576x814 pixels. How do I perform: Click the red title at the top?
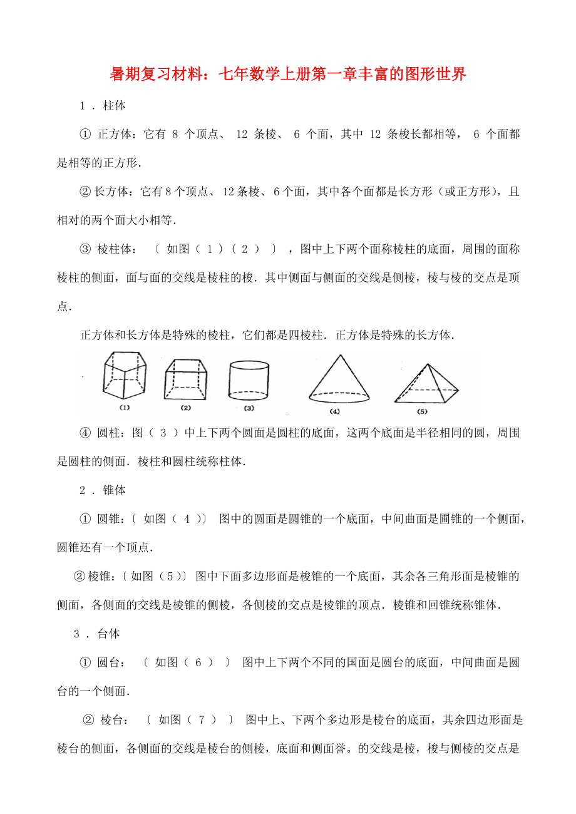click(288, 75)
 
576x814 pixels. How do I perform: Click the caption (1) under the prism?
click(124, 408)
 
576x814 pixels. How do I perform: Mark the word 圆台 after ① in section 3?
click(109, 662)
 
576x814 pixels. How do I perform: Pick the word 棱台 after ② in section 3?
click(113, 720)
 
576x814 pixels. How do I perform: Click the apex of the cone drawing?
click(339, 355)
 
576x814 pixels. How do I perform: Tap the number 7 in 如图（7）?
click(202, 720)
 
